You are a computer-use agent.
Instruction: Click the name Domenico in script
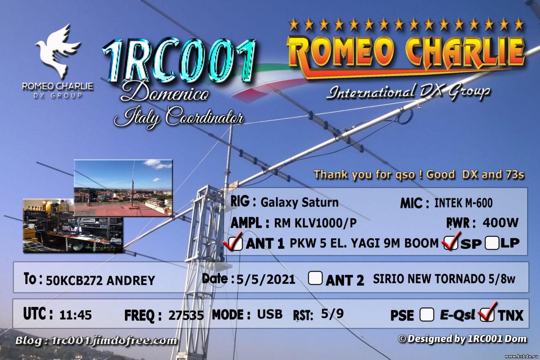pyautogui.click(x=165, y=92)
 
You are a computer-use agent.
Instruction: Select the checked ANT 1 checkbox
pyautogui.click(x=235, y=243)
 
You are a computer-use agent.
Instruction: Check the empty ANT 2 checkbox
pyautogui.click(x=315, y=278)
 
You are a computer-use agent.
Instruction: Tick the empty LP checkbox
pyautogui.click(x=492, y=243)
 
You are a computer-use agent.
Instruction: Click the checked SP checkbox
pyautogui.click(x=451, y=243)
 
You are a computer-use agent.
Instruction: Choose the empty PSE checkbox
pyautogui.click(x=427, y=314)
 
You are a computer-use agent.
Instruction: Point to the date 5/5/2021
pyautogui.click(x=266, y=279)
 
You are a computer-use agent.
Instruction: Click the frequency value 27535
pyautogui.click(x=186, y=315)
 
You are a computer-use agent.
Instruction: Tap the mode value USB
pyautogui.click(x=270, y=314)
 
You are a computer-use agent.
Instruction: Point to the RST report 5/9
pyautogui.click(x=332, y=314)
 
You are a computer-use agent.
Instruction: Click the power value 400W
pyautogui.click(x=500, y=222)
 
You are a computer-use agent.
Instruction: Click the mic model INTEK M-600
pyautogui.click(x=463, y=203)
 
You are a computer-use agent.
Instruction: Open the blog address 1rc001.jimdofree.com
pyautogui.click(x=114, y=341)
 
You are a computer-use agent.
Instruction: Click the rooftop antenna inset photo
pyautogui.click(x=123, y=188)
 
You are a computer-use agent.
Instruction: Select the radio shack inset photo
pyautogui.click(x=73, y=225)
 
